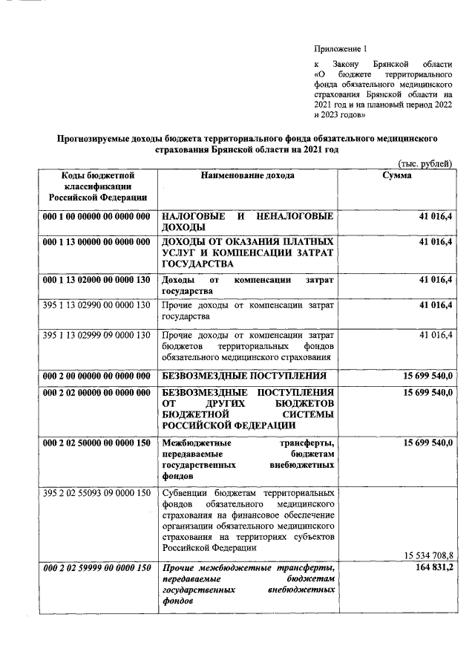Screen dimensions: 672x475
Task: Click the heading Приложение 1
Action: click(341, 49)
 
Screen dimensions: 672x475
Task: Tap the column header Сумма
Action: click(396, 175)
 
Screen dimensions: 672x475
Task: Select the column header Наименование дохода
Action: click(247, 175)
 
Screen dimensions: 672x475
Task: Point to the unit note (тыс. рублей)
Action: click(421, 163)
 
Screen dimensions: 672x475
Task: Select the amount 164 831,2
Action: click(432, 568)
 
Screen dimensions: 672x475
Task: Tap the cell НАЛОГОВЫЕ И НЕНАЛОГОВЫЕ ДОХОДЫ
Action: click(247, 221)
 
